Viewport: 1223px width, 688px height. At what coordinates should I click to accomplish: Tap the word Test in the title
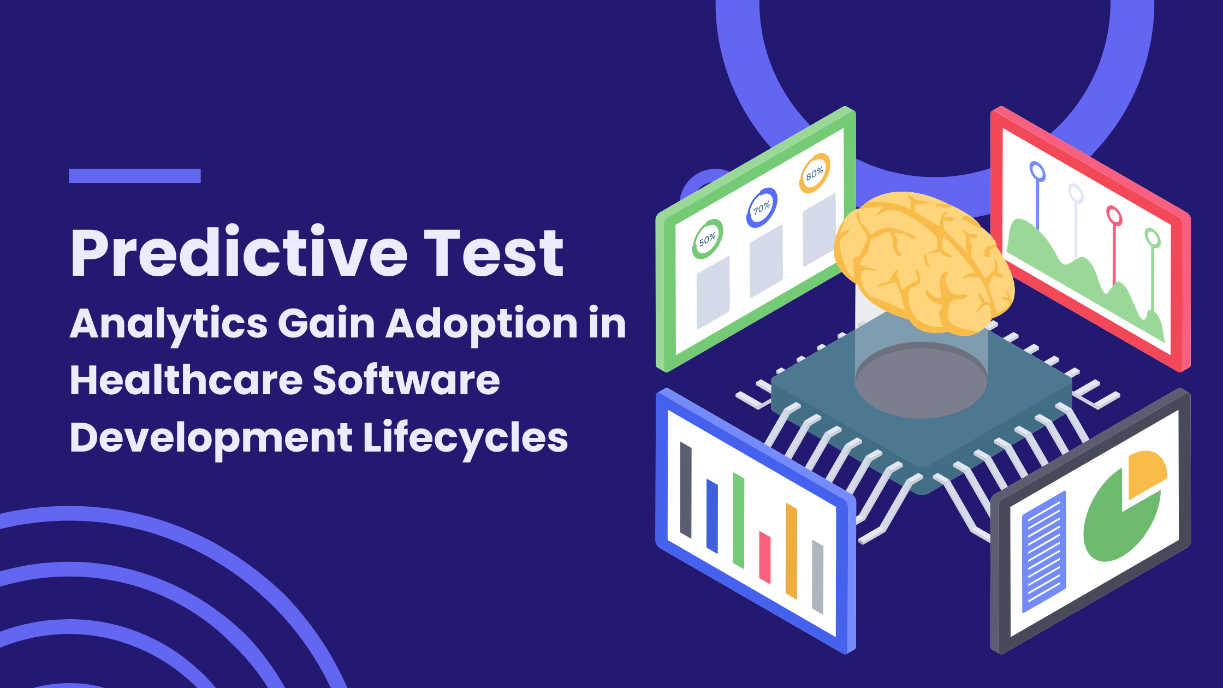click(x=494, y=252)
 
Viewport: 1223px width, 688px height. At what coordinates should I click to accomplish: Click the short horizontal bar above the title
click(x=135, y=176)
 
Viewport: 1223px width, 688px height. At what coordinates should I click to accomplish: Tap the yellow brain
click(x=924, y=263)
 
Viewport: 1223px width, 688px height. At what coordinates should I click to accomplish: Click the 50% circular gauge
click(x=707, y=239)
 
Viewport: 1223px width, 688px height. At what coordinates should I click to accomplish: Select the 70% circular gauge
click(x=761, y=207)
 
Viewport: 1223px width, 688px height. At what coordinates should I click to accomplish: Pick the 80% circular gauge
click(x=815, y=173)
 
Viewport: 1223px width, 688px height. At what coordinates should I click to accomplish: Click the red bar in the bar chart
click(x=765, y=557)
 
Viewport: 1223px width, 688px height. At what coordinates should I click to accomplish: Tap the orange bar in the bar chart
click(x=791, y=551)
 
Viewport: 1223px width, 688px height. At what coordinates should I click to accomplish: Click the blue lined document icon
click(x=1044, y=551)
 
